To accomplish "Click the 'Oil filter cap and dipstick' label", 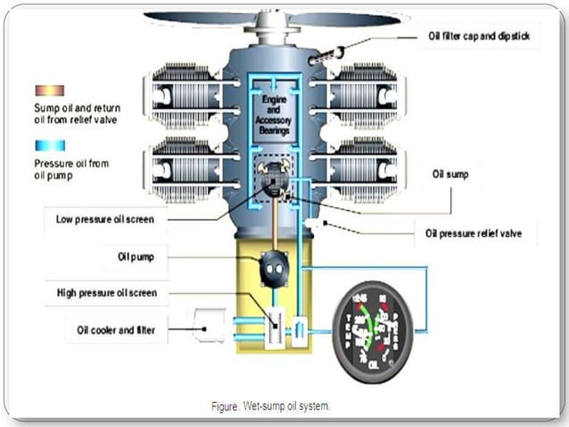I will point(478,37).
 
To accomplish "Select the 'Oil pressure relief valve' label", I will point(476,234).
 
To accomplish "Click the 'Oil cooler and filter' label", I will point(116,330).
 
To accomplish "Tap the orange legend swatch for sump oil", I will point(49,90).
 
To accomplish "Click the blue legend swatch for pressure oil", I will point(49,146).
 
